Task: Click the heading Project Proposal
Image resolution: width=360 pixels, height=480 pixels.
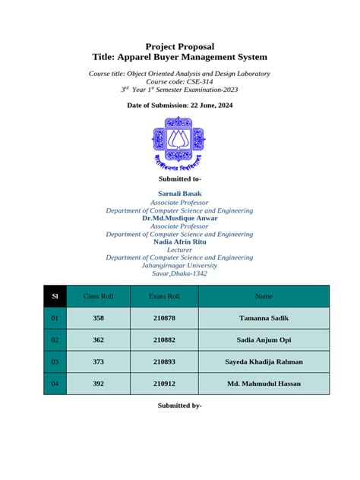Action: pyautogui.click(x=179, y=46)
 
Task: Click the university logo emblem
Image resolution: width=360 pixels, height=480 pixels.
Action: pyautogui.click(x=179, y=147)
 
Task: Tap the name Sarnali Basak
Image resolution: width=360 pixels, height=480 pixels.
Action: pyautogui.click(x=179, y=194)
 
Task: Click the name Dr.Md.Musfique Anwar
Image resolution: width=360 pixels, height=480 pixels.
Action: pyautogui.click(x=179, y=218)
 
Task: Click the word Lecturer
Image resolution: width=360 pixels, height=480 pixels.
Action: pyautogui.click(x=179, y=249)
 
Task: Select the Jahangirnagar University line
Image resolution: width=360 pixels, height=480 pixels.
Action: pyautogui.click(x=179, y=265)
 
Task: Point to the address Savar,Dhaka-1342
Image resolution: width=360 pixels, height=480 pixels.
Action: pyautogui.click(x=179, y=273)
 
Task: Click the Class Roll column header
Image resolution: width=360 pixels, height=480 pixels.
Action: pyautogui.click(x=98, y=295)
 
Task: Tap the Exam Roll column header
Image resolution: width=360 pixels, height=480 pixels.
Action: pyautogui.click(x=164, y=295)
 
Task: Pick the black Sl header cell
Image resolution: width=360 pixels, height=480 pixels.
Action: pyautogui.click(x=55, y=295)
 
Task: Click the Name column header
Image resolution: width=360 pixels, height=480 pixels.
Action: pyautogui.click(x=264, y=295)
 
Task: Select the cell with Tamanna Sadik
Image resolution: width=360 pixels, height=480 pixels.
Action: pyautogui.click(x=264, y=318)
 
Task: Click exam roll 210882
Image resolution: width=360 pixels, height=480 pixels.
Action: pyautogui.click(x=164, y=340)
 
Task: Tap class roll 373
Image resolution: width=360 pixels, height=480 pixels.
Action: pyautogui.click(x=98, y=362)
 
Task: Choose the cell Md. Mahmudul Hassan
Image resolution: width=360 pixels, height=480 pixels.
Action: pyautogui.click(x=264, y=384)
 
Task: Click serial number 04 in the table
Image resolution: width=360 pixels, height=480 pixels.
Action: pyautogui.click(x=55, y=384)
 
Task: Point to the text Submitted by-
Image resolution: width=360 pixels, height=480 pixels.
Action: pyautogui.click(x=179, y=406)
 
